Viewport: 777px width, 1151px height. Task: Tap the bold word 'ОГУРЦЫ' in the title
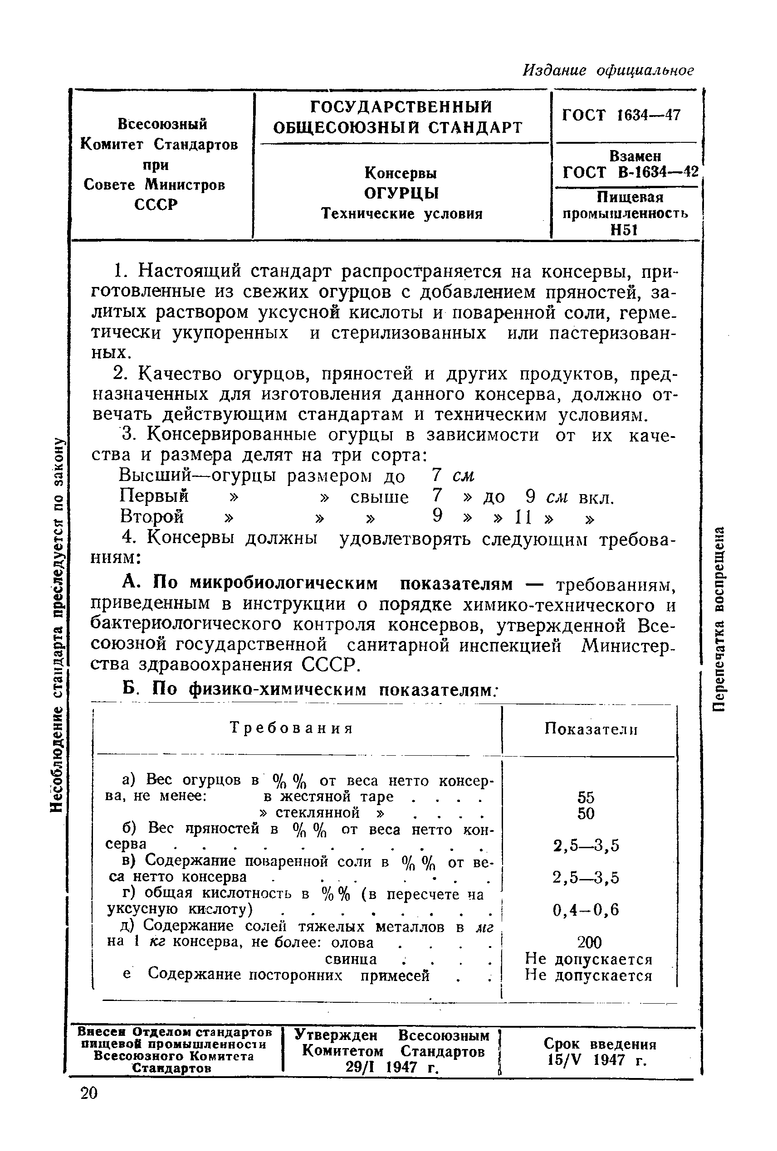[x=401, y=193]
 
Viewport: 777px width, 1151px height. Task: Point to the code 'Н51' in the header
[x=623, y=229]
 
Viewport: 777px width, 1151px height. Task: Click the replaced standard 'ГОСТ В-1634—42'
[x=630, y=172]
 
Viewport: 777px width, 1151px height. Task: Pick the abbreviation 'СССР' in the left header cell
[x=156, y=204]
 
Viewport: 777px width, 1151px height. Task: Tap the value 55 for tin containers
[x=585, y=798]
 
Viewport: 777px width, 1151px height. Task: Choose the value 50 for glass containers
[x=585, y=814]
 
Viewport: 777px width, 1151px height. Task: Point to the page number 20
[x=89, y=1093]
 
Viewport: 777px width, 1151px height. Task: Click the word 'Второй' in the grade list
[x=151, y=516]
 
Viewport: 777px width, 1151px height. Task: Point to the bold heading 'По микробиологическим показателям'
[x=332, y=584]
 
